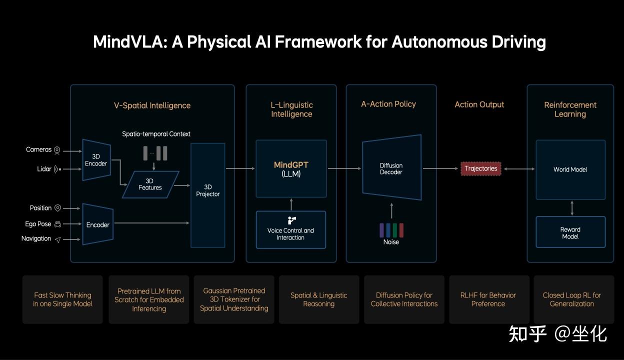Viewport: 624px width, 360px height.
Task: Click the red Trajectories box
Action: click(481, 168)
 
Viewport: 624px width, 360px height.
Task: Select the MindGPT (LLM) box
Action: click(291, 169)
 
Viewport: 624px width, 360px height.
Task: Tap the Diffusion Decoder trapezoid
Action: click(391, 167)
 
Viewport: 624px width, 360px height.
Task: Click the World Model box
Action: click(570, 169)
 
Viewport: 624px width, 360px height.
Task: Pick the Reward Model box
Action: click(570, 232)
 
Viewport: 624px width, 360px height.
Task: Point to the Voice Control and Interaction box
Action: click(291, 230)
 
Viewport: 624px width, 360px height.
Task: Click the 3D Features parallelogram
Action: click(150, 184)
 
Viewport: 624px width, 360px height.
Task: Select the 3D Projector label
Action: click(208, 190)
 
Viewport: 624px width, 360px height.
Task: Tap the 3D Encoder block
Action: click(96, 160)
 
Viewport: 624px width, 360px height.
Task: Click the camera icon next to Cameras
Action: click(57, 150)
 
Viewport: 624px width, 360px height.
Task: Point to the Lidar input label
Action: click(44, 169)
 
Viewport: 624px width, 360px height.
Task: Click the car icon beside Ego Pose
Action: click(57, 224)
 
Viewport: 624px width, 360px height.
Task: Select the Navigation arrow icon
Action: click(57, 239)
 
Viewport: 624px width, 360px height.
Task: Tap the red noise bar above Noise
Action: click(401, 230)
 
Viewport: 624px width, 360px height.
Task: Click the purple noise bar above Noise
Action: click(381, 230)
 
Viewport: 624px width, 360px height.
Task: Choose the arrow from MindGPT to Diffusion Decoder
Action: click(344, 168)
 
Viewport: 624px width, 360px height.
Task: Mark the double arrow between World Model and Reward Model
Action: click(572, 208)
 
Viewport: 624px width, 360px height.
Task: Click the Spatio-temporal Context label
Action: click(156, 134)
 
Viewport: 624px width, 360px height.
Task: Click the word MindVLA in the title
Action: click(130, 42)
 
